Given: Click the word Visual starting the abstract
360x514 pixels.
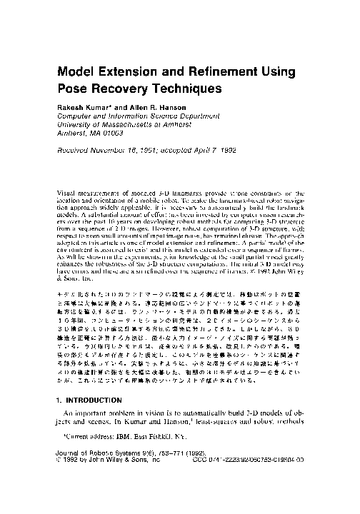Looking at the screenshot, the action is point(68,194).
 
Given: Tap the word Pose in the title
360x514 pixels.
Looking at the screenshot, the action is point(74,91).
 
